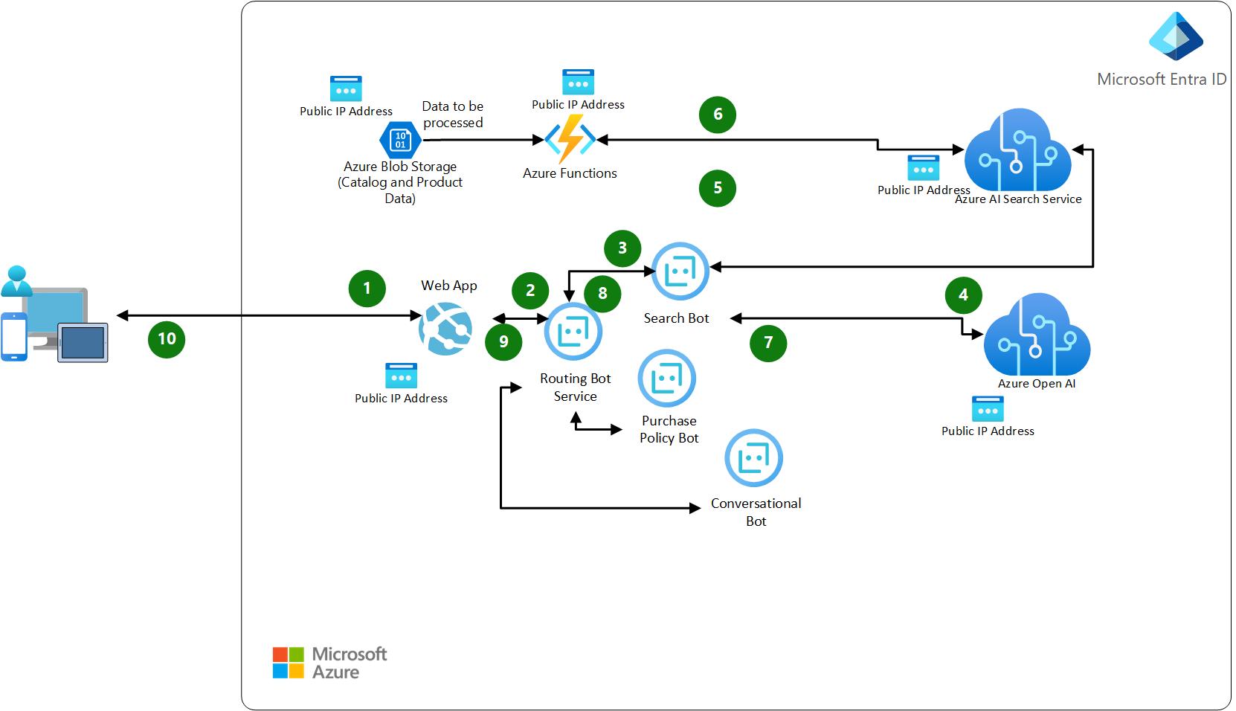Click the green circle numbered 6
[x=718, y=115]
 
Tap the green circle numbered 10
[x=167, y=339]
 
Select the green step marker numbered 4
[x=963, y=295]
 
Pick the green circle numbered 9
[x=503, y=341]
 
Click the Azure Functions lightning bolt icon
[x=570, y=139]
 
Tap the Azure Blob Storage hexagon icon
[x=400, y=140]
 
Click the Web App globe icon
[x=445, y=328]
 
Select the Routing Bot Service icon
[x=573, y=331]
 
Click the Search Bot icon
[x=680, y=271]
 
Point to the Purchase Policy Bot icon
[x=666, y=379]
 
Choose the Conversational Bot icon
[x=753, y=458]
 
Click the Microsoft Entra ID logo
[x=1176, y=36]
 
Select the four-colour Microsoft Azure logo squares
[x=288, y=663]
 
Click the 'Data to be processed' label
[x=452, y=115]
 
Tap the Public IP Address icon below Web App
[x=401, y=376]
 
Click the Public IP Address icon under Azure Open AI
[x=988, y=409]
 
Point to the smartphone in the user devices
[x=14, y=337]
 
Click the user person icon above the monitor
[x=16, y=281]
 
